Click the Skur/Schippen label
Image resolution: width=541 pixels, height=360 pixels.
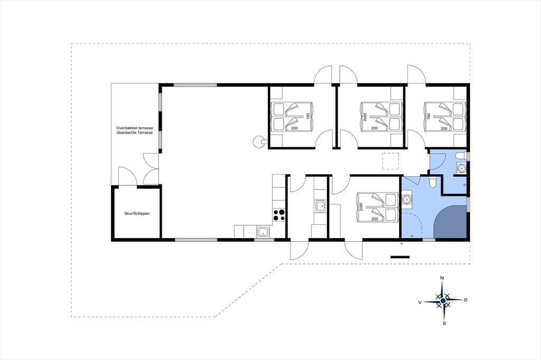pyautogui.click(x=137, y=213)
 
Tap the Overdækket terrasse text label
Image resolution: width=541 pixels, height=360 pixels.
pyautogui.click(x=135, y=128)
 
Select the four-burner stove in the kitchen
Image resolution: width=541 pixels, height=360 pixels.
pyautogui.click(x=279, y=215)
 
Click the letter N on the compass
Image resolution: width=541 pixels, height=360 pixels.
pyautogui.click(x=442, y=278)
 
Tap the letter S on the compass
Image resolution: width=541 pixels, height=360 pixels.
pyautogui.click(x=444, y=323)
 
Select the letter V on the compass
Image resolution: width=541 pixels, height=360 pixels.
pyautogui.click(x=419, y=302)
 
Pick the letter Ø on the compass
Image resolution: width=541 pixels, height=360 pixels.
pyautogui.click(x=465, y=300)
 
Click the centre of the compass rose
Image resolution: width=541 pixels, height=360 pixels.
pyautogui.click(x=443, y=301)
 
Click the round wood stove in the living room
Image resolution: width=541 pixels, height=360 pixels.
pyautogui.click(x=258, y=141)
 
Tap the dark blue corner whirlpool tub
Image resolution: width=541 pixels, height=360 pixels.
pyautogui.click(x=450, y=222)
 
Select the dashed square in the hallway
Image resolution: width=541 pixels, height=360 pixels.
pyautogui.click(x=390, y=161)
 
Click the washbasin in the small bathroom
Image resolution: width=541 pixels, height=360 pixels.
pyautogui.click(x=460, y=168)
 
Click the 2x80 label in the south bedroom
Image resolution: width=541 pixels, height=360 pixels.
pyautogui.click(x=361, y=207)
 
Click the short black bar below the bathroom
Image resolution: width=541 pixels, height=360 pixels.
pyautogui.click(x=400, y=257)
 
